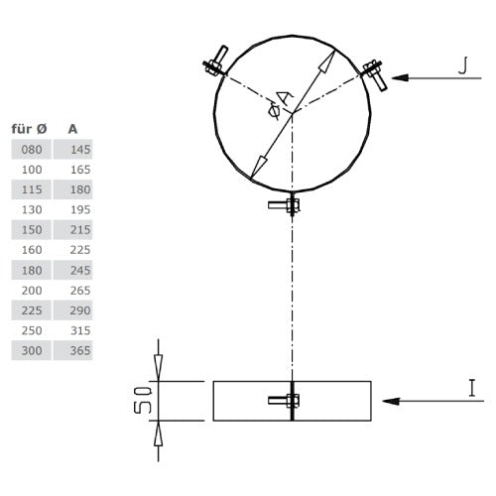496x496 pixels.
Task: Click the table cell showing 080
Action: [x=32, y=150]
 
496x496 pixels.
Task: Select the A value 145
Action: [x=72, y=150]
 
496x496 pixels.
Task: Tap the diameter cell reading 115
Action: [x=32, y=189]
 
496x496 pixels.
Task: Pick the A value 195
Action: [x=72, y=209]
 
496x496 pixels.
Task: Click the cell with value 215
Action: [x=72, y=230]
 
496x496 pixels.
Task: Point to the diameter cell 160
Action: [x=32, y=250]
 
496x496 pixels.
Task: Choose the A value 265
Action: [x=72, y=291]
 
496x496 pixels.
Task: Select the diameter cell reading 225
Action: [x=32, y=310]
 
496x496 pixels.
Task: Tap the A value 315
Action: [x=72, y=330]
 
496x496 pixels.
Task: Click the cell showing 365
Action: [x=72, y=350]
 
